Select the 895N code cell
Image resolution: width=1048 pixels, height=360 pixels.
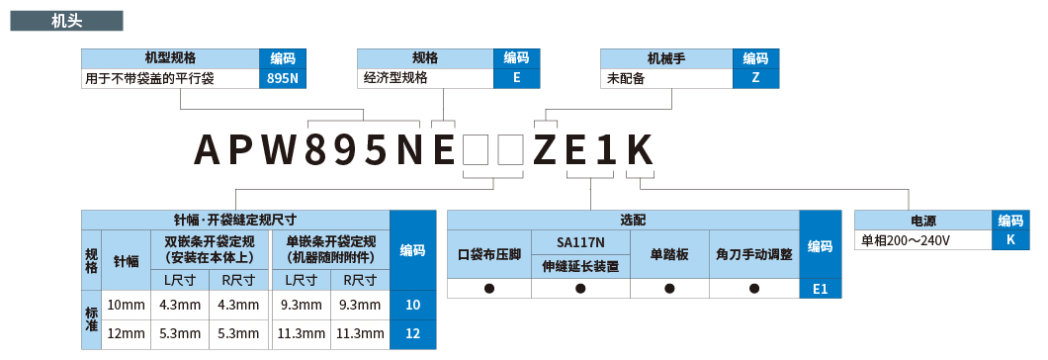(283, 77)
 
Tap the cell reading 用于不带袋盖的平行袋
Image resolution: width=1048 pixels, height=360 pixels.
(170, 77)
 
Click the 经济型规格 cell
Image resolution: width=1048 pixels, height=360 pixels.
(425, 77)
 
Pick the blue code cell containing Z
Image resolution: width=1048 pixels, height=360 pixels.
(756, 77)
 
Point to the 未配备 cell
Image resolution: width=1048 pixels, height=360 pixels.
(666, 77)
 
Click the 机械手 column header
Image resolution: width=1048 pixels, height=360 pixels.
(666, 58)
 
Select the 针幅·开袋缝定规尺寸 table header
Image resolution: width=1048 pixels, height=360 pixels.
(235, 220)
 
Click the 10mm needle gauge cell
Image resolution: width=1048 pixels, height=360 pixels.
(126, 305)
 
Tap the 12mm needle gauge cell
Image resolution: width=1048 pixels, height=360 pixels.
(126, 334)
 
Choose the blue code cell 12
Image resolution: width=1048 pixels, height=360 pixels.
(412, 334)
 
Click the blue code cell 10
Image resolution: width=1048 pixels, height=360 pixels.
(412, 305)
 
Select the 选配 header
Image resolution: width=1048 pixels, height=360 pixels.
(623, 220)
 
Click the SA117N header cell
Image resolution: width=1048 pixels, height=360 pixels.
(580, 242)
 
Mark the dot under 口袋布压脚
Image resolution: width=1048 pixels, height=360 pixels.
(488, 289)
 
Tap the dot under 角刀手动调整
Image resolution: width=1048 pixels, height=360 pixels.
(754, 289)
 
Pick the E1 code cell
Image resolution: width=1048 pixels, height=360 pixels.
(820, 289)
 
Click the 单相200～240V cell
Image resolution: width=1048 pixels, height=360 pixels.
(921, 239)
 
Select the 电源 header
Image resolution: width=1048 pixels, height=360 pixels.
(922, 221)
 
